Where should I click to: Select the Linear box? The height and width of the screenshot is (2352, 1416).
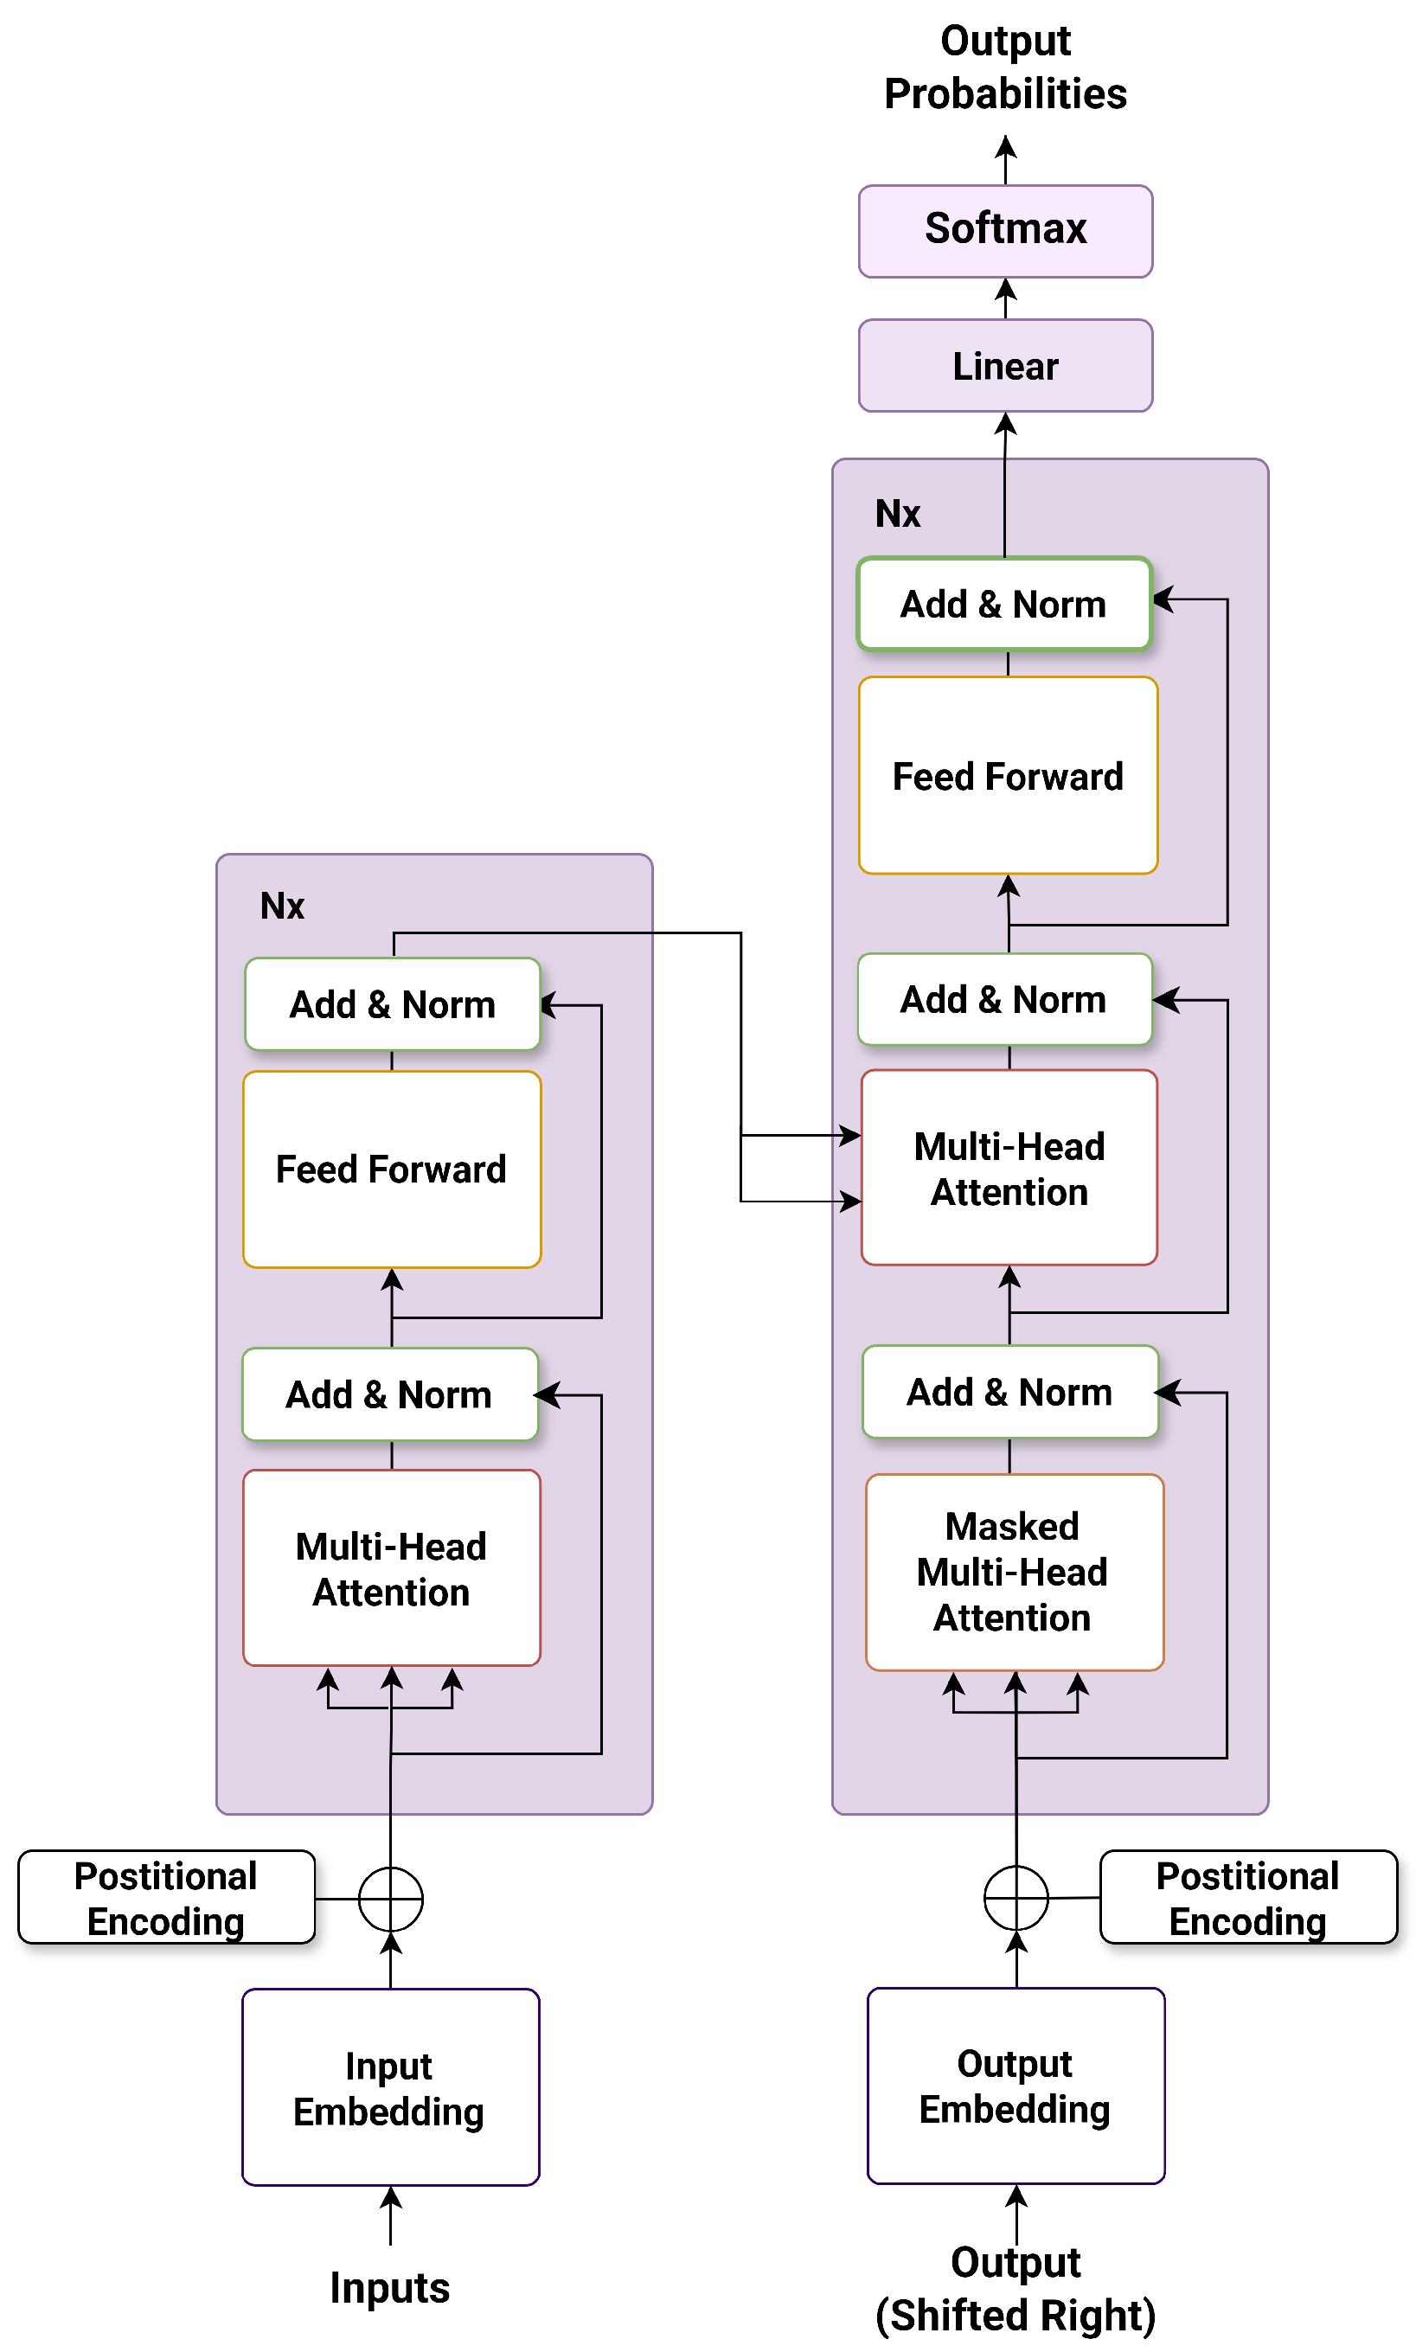(x=1005, y=365)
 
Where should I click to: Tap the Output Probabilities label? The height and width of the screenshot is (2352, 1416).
(x=1005, y=67)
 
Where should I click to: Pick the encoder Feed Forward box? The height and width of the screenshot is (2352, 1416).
(x=391, y=1169)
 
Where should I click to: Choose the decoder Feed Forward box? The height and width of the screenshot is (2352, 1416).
(x=1008, y=775)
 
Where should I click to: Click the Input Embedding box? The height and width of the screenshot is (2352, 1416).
(x=390, y=2086)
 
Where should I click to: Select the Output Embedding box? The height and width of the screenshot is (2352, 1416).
(x=1016, y=2085)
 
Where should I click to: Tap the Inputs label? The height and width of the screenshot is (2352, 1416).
(x=389, y=2287)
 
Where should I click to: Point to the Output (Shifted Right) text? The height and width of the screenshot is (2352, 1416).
(x=1016, y=2288)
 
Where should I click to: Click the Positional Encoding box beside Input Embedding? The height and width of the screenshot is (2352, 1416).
(x=166, y=1898)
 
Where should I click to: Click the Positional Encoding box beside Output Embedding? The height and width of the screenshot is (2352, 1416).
(x=1247, y=1898)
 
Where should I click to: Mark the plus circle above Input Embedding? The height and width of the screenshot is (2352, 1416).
(x=390, y=1899)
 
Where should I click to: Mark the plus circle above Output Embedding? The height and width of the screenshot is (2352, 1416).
(x=1016, y=1898)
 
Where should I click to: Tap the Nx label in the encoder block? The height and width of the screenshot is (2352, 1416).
(x=283, y=906)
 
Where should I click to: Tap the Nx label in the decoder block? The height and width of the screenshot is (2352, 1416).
(x=897, y=513)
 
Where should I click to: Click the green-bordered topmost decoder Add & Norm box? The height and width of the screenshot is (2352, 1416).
(x=1003, y=604)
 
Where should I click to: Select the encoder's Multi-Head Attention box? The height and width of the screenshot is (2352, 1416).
(x=391, y=1567)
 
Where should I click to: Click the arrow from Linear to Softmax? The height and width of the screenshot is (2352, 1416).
(x=1005, y=298)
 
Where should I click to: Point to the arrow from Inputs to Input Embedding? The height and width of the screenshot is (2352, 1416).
(x=390, y=2214)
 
